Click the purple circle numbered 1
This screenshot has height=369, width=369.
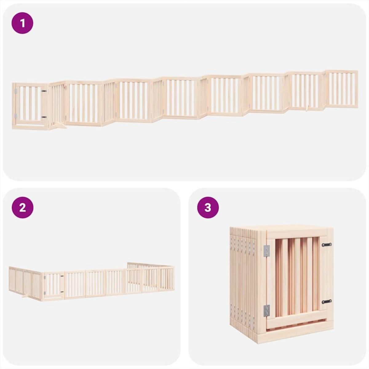22,23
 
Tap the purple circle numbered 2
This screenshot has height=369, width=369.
22,208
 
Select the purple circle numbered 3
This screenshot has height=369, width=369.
208,208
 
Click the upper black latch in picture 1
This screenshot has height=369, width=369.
44,91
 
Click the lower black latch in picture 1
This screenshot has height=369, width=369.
44,117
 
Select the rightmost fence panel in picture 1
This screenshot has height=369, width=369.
341,89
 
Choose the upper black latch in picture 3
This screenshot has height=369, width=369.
327,245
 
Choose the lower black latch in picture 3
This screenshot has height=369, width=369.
327,301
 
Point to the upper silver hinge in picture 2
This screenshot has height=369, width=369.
45,278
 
